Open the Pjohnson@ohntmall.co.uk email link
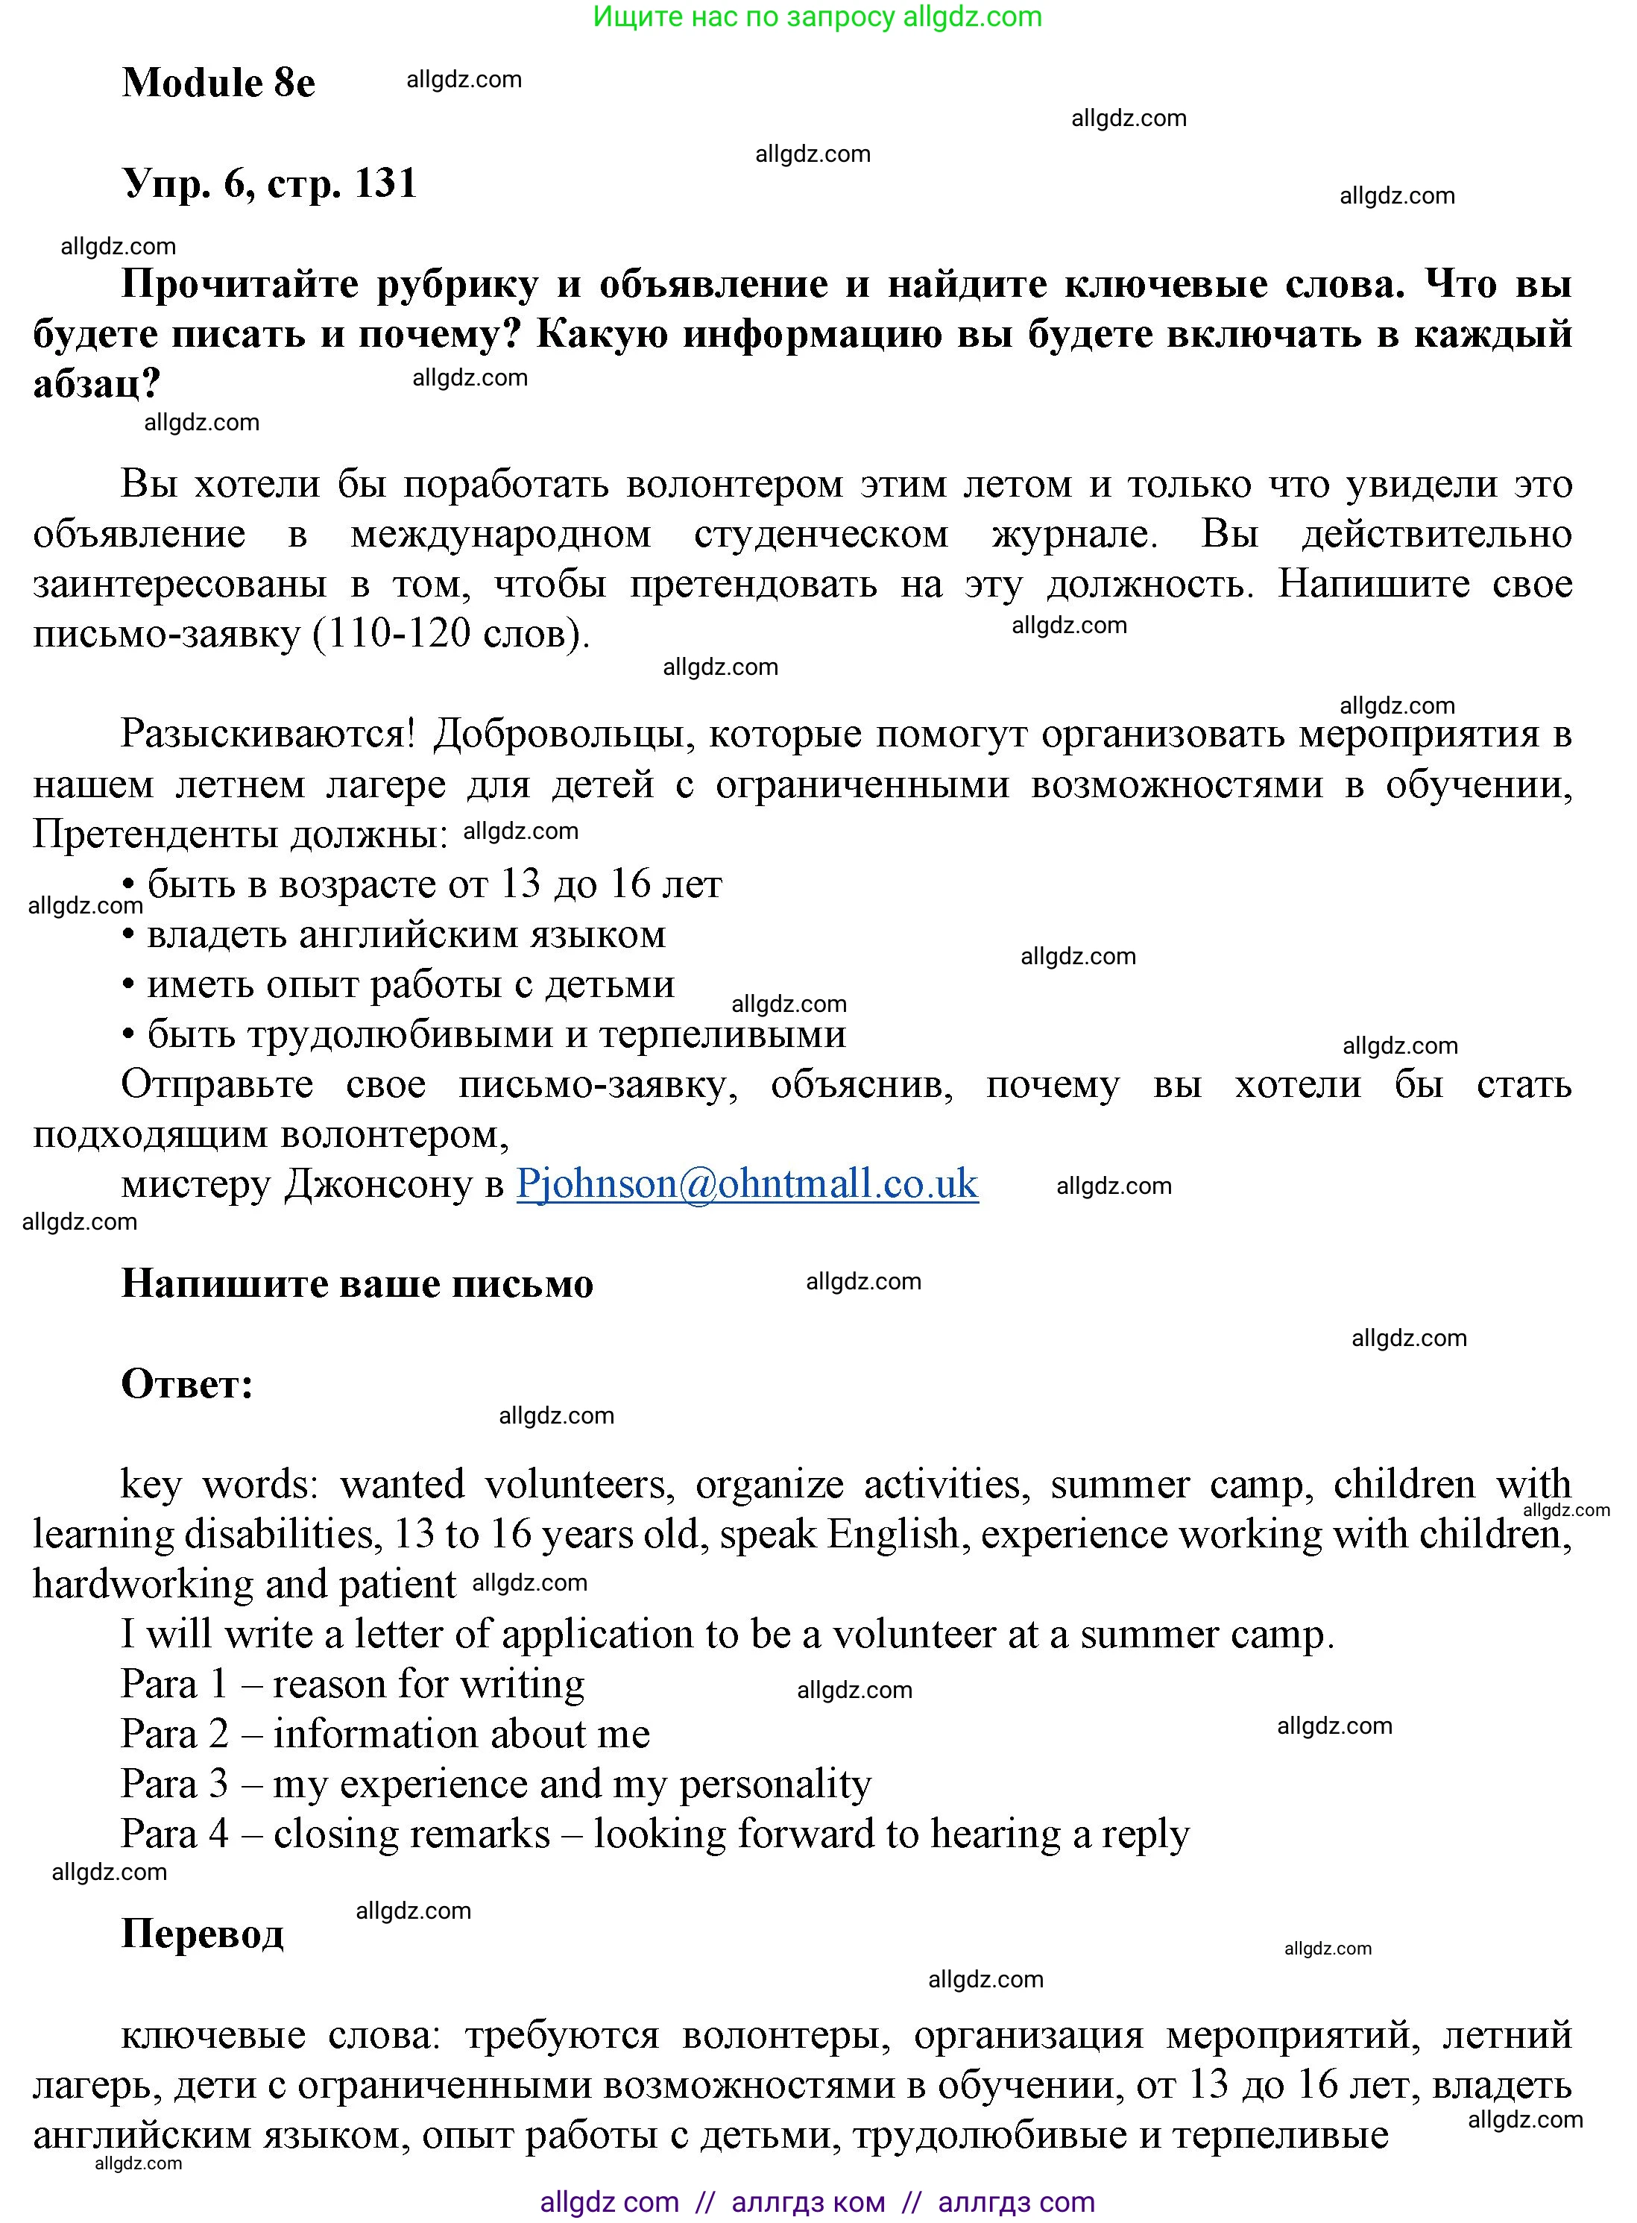point(747,1183)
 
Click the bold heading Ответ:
point(187,1383)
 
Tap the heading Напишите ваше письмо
point(357,1283)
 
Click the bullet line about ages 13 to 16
point(422,884)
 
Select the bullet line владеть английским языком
point(394,934)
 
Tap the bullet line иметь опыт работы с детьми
point(398,984)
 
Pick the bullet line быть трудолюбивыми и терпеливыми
point(484,1034)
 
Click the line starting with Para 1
point(353,1684)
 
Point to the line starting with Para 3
point(496,1784)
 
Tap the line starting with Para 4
point(654,1834)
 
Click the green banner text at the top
point(818,17)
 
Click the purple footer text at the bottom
point(818,2202)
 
